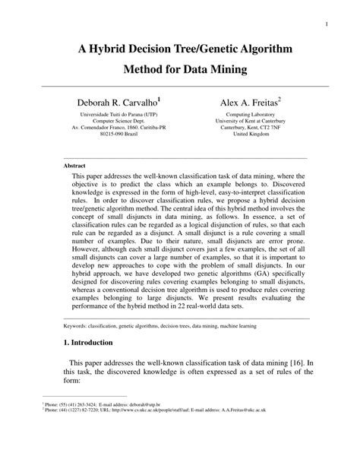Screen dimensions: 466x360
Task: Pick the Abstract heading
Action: click(74, 165)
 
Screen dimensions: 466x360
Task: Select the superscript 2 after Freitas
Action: click(279, 97)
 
